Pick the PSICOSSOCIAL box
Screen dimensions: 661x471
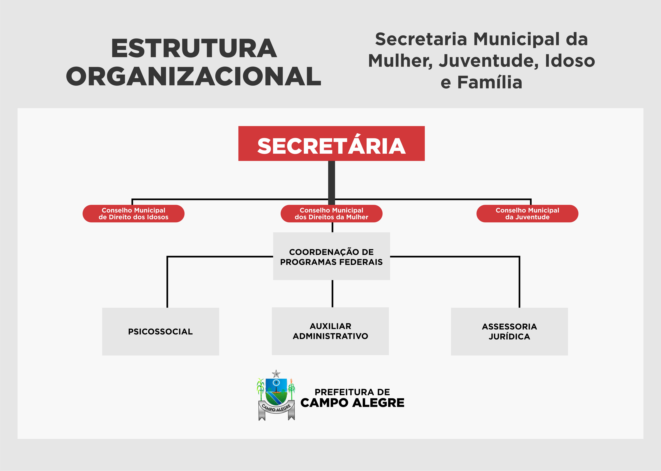tap(161, 331)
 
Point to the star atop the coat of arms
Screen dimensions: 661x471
tap(276, 374)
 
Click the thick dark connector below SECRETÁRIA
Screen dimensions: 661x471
tap(332, 183)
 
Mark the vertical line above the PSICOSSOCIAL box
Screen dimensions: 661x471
tap(167, 282)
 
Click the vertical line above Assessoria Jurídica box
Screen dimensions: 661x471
tap(519, 282)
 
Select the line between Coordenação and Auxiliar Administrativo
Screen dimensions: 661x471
tap(332, 294)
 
